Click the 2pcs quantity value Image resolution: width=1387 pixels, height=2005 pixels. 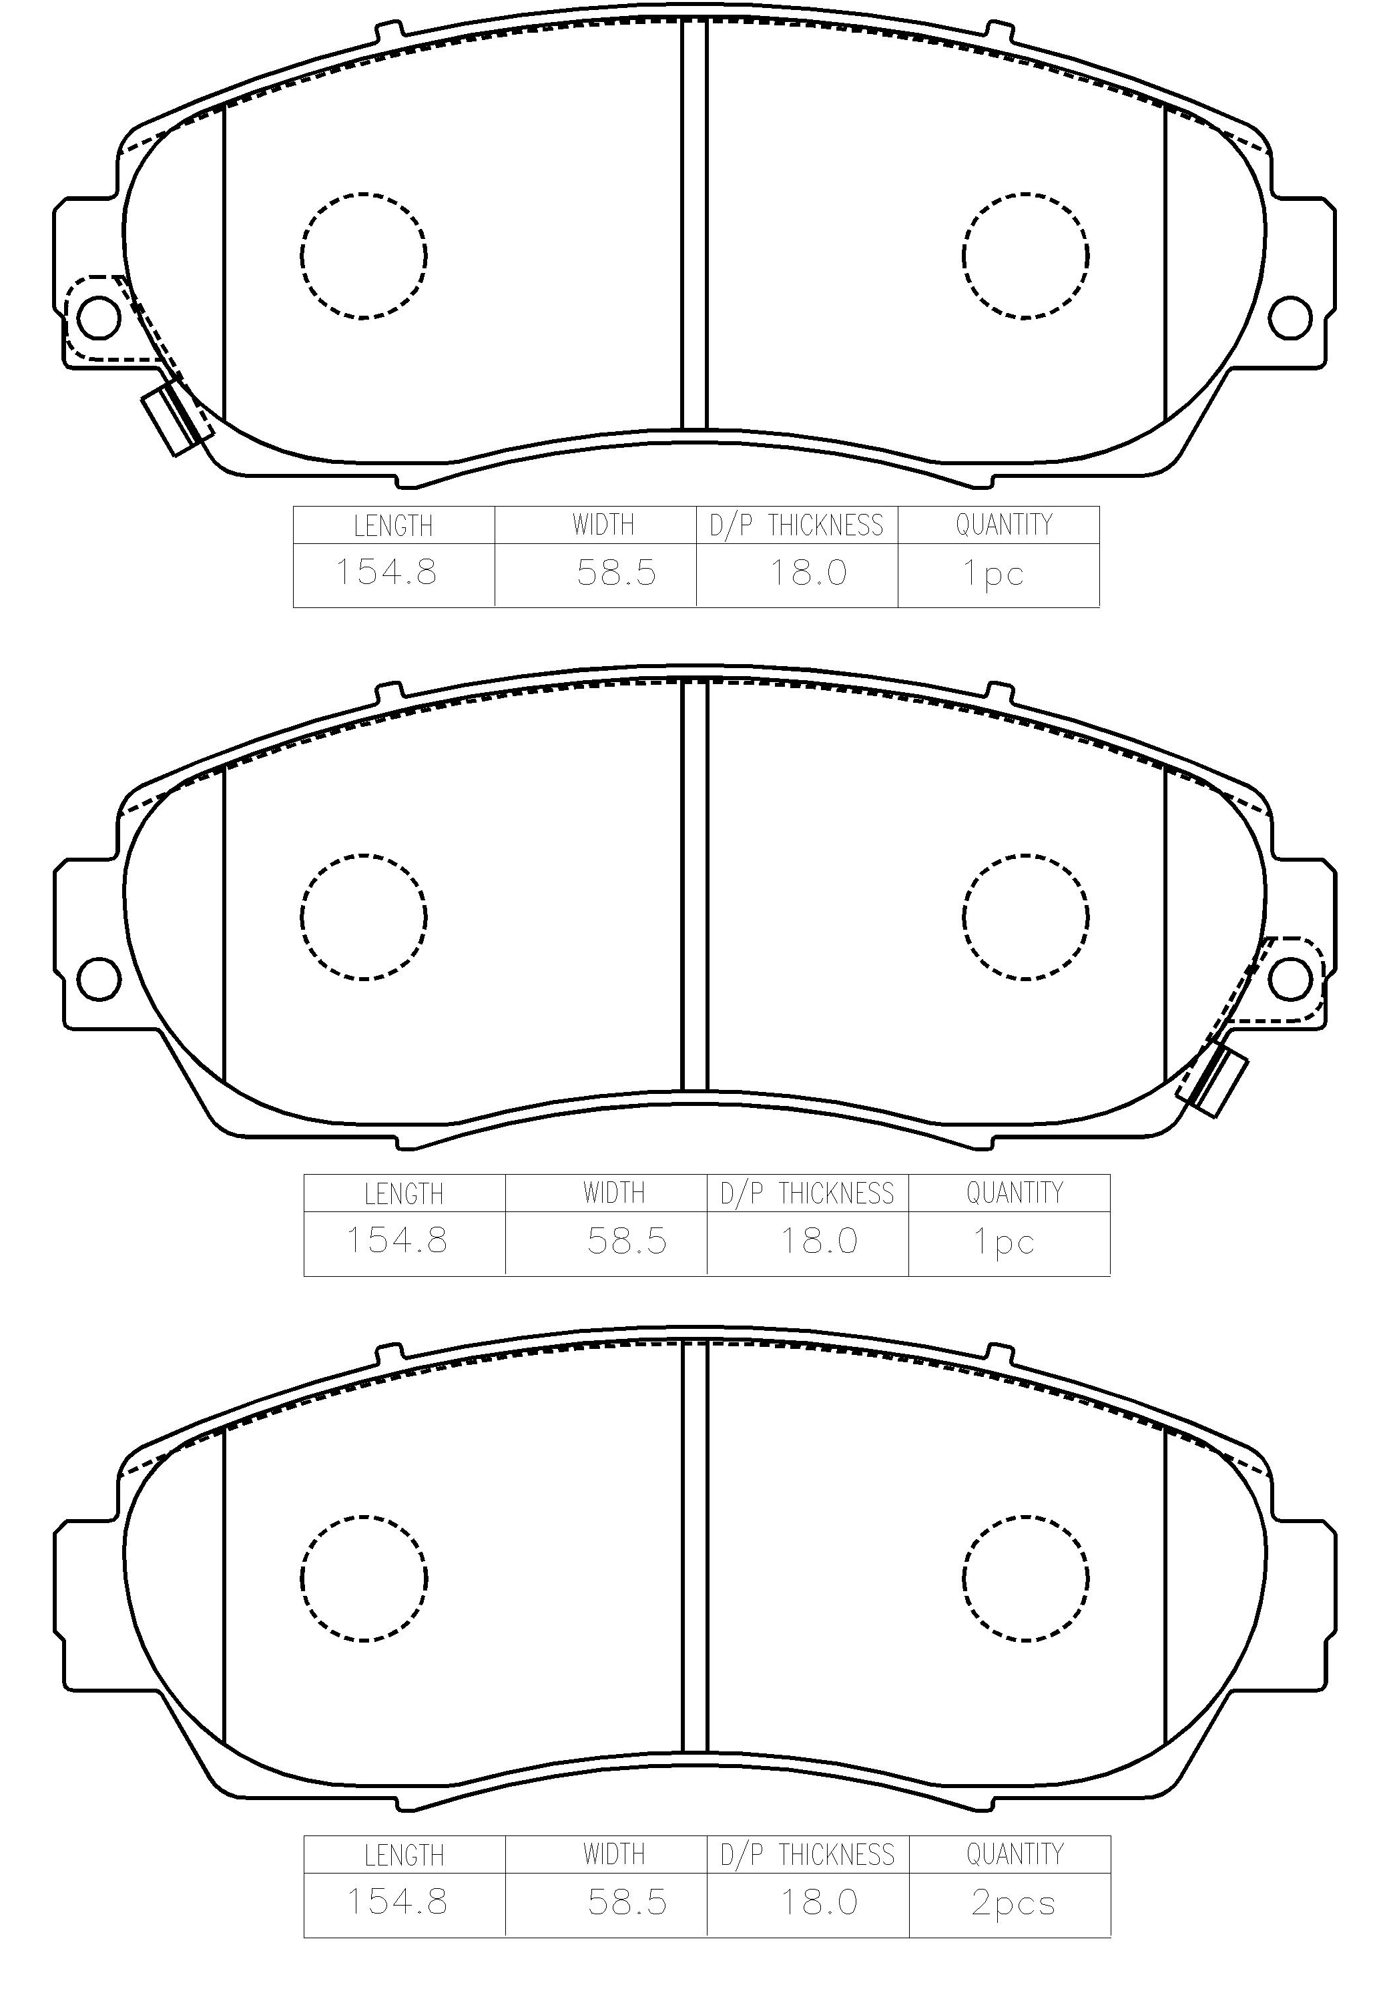[x=1013, y=1904]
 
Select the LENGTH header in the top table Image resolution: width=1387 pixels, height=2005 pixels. [x=393, y=526]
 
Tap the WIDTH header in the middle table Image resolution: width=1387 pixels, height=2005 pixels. [x=615, y=1193]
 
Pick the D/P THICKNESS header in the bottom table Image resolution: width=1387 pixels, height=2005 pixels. [x=808, y=1855]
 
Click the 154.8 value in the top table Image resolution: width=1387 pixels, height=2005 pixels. [x=386, y=573]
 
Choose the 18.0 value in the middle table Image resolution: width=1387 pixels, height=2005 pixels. [x=818, y=1240]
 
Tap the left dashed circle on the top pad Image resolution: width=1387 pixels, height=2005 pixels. [x=364, y=255]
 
